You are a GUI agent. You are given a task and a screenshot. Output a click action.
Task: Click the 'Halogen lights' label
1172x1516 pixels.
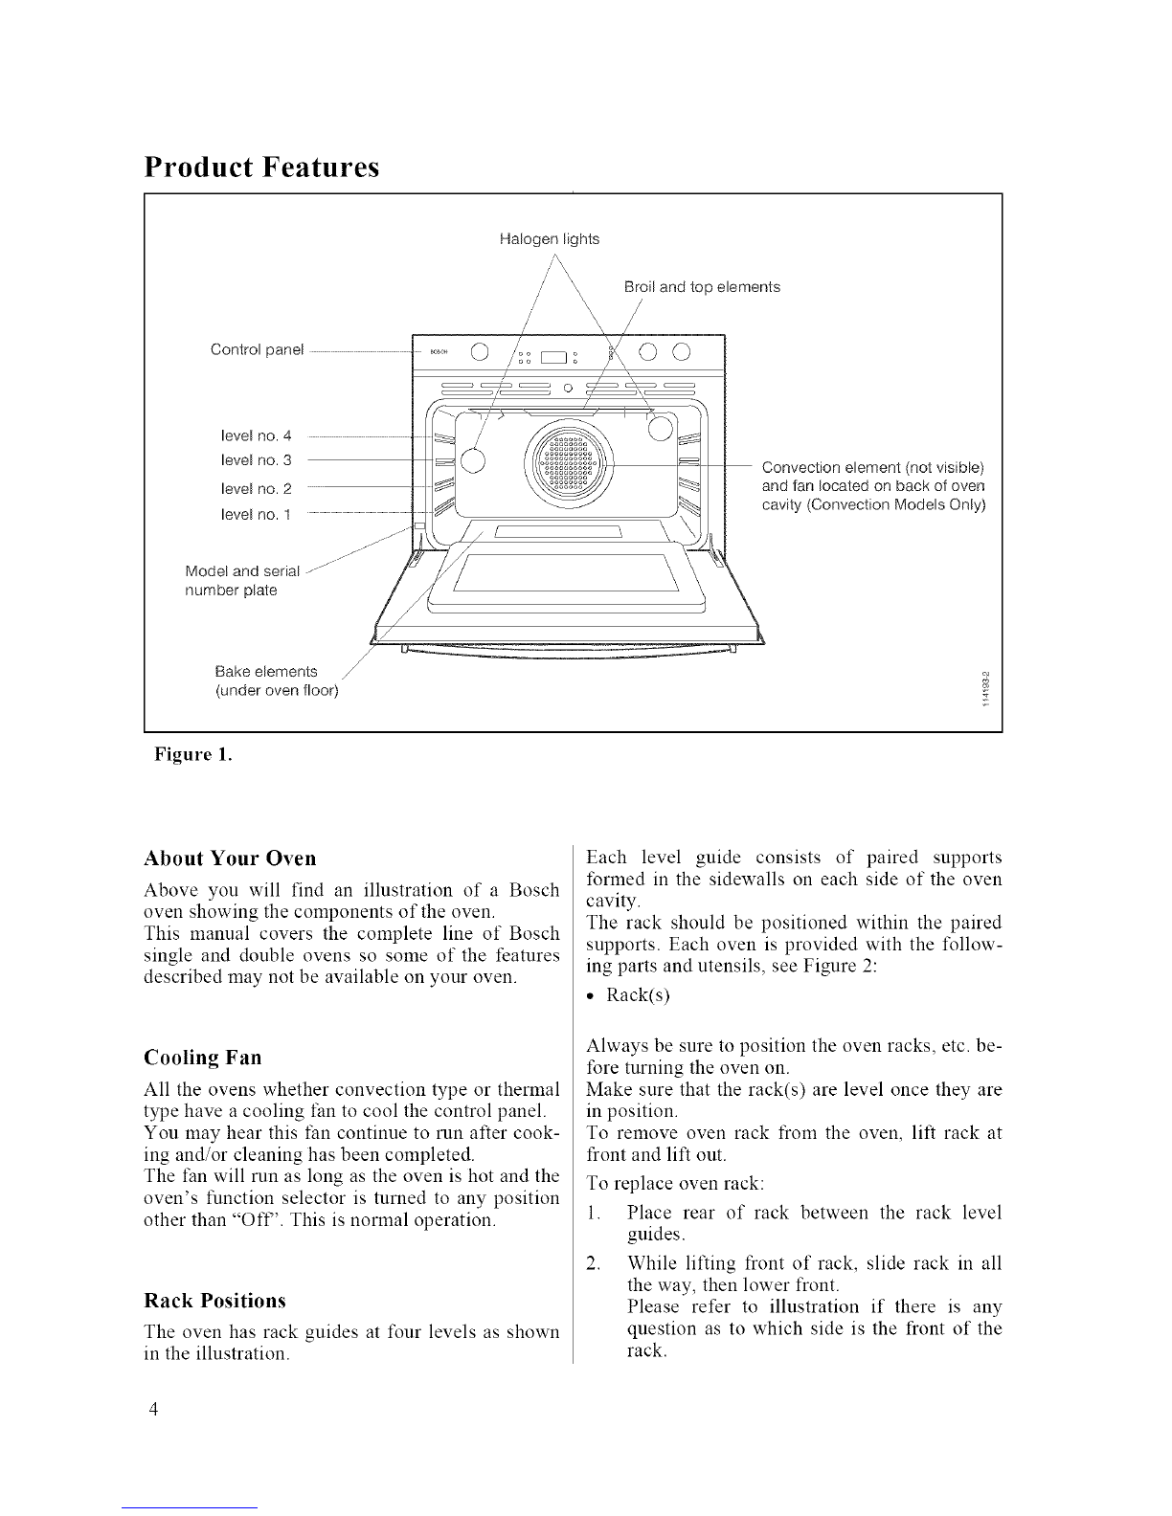click(x=550, y=239)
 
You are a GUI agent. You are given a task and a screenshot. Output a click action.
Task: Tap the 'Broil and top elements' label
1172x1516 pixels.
click(x=701, y=287)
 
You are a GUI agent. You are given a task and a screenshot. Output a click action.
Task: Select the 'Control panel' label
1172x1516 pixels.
click(x=256, y=349)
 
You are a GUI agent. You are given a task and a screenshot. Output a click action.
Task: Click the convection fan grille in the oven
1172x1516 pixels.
click(x=570, y=466)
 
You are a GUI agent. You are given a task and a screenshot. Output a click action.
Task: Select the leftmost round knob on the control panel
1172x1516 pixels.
click(x=481, y=351)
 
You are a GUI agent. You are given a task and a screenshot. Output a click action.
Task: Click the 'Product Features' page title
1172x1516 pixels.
click(x=261, y=167)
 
